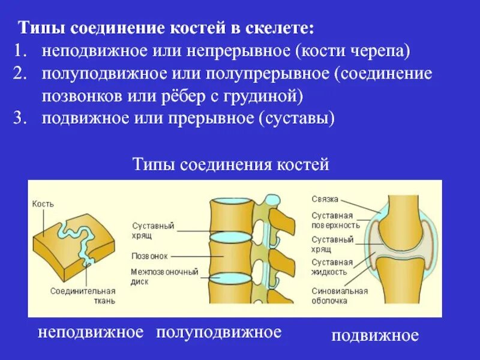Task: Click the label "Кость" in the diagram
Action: click(x=41, y=204)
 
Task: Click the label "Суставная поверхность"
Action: click(x=335, y=220)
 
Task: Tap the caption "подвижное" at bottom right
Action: click(x=375, y=335)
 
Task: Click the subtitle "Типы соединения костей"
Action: click(x=230, y=164)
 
